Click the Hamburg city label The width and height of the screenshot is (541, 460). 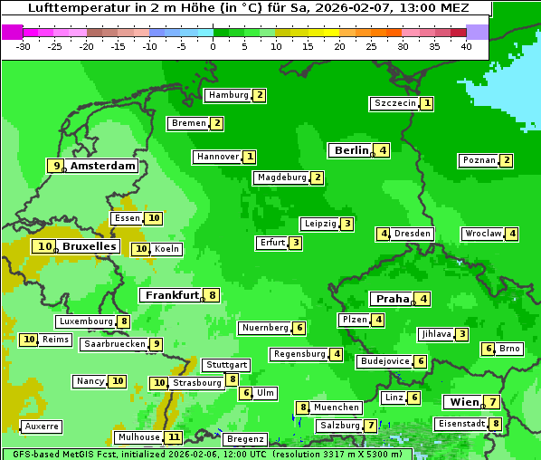click(227, 95)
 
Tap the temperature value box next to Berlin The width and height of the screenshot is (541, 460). click(383, 150)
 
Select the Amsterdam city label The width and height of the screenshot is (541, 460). click(103, 166)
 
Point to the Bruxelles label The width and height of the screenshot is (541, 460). click(89, 246)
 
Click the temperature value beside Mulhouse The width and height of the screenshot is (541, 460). click(174, 437)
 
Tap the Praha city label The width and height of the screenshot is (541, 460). click(393, 299)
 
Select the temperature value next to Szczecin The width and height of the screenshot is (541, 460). click(426, 103)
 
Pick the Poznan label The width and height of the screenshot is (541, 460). click(479, 160)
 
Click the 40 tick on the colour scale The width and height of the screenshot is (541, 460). click(466, 46)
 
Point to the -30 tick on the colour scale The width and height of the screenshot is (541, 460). click(24, 46)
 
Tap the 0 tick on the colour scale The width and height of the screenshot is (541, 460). click(213, 46)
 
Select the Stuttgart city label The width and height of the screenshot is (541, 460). click(225, 365)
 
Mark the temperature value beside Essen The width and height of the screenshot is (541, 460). click(154, 218)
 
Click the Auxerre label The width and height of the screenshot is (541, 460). click(42, 426)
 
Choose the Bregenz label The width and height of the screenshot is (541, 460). click(245, 439)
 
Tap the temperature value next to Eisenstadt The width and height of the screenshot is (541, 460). click(495, 424)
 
